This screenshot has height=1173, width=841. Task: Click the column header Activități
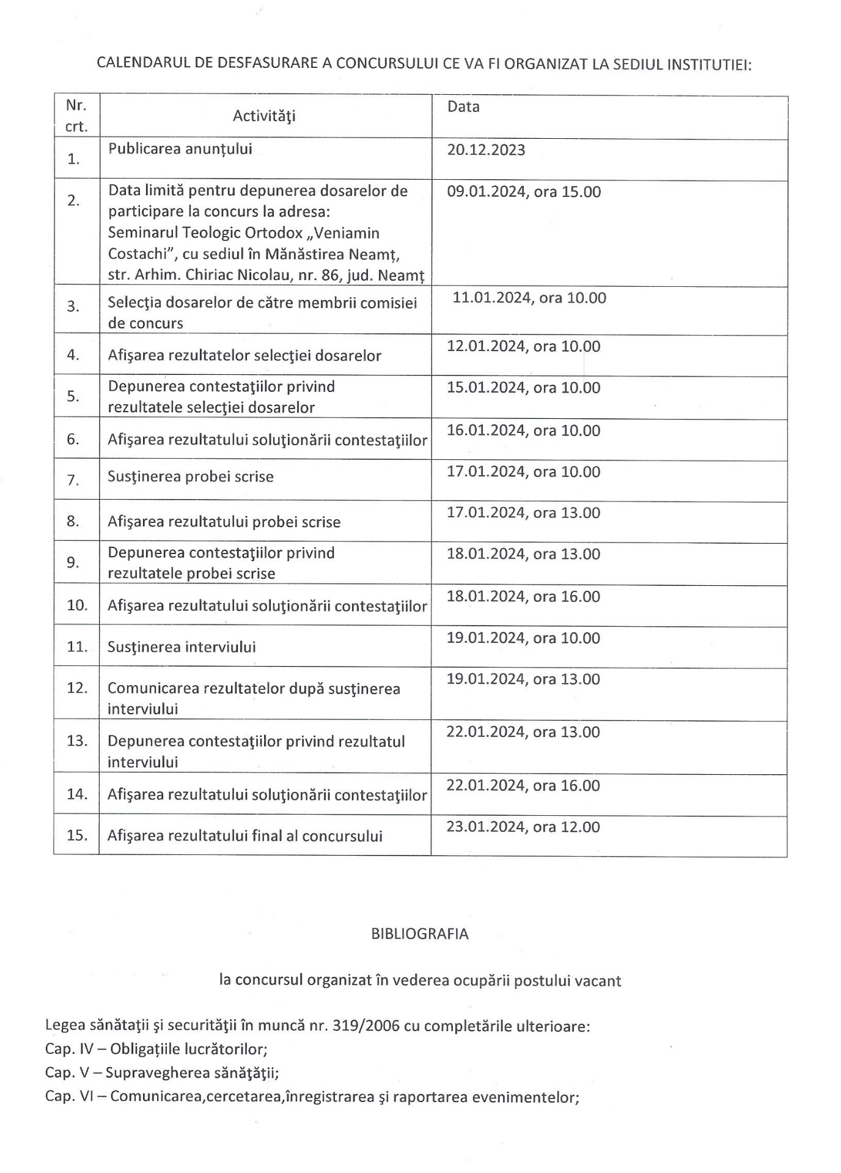click(x=264, y=116)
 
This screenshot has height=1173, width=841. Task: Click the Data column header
click(x=463, y=106)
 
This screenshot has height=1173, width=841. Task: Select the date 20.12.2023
click(x=486, y=150)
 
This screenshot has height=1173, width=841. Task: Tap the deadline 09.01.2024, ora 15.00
click(x=524, y=192)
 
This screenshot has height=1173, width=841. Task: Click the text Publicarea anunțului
click(x=180, y=149)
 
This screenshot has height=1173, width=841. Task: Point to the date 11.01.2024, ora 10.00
click(x=529, y=298)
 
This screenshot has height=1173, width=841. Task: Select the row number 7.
click(x=73, y=480)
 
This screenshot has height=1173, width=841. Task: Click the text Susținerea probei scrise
click(x=191, y=477)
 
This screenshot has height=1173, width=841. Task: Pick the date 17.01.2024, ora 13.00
click(x=523, y=513)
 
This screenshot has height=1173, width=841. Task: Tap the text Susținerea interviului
click(x=182, y=647)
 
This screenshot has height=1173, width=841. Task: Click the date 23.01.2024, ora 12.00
click(x=523, y=827)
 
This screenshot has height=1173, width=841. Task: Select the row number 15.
click(x=77, y=835)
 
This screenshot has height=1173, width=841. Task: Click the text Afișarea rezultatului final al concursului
click(x=245, y=836)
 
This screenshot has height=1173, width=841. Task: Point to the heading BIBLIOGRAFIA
click(x=420, y=934)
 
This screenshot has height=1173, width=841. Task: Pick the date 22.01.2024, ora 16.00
click(x=523, y=786)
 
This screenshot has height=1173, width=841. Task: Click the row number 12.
click(x=77, y=687)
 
